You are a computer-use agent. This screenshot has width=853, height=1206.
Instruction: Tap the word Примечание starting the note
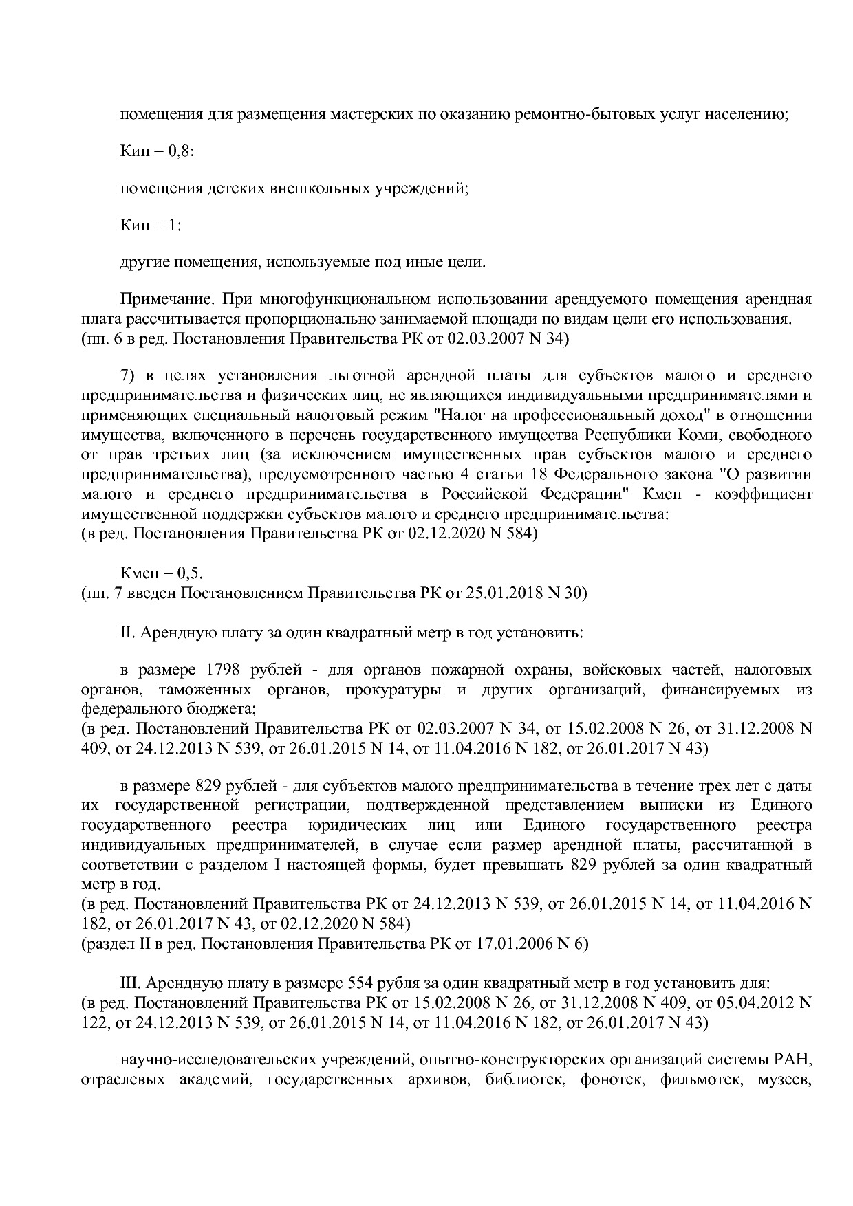point(158,300)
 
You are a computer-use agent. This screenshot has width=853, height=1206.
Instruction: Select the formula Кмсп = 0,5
point(162,573)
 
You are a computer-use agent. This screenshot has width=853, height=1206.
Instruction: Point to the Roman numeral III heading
point(131,983)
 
